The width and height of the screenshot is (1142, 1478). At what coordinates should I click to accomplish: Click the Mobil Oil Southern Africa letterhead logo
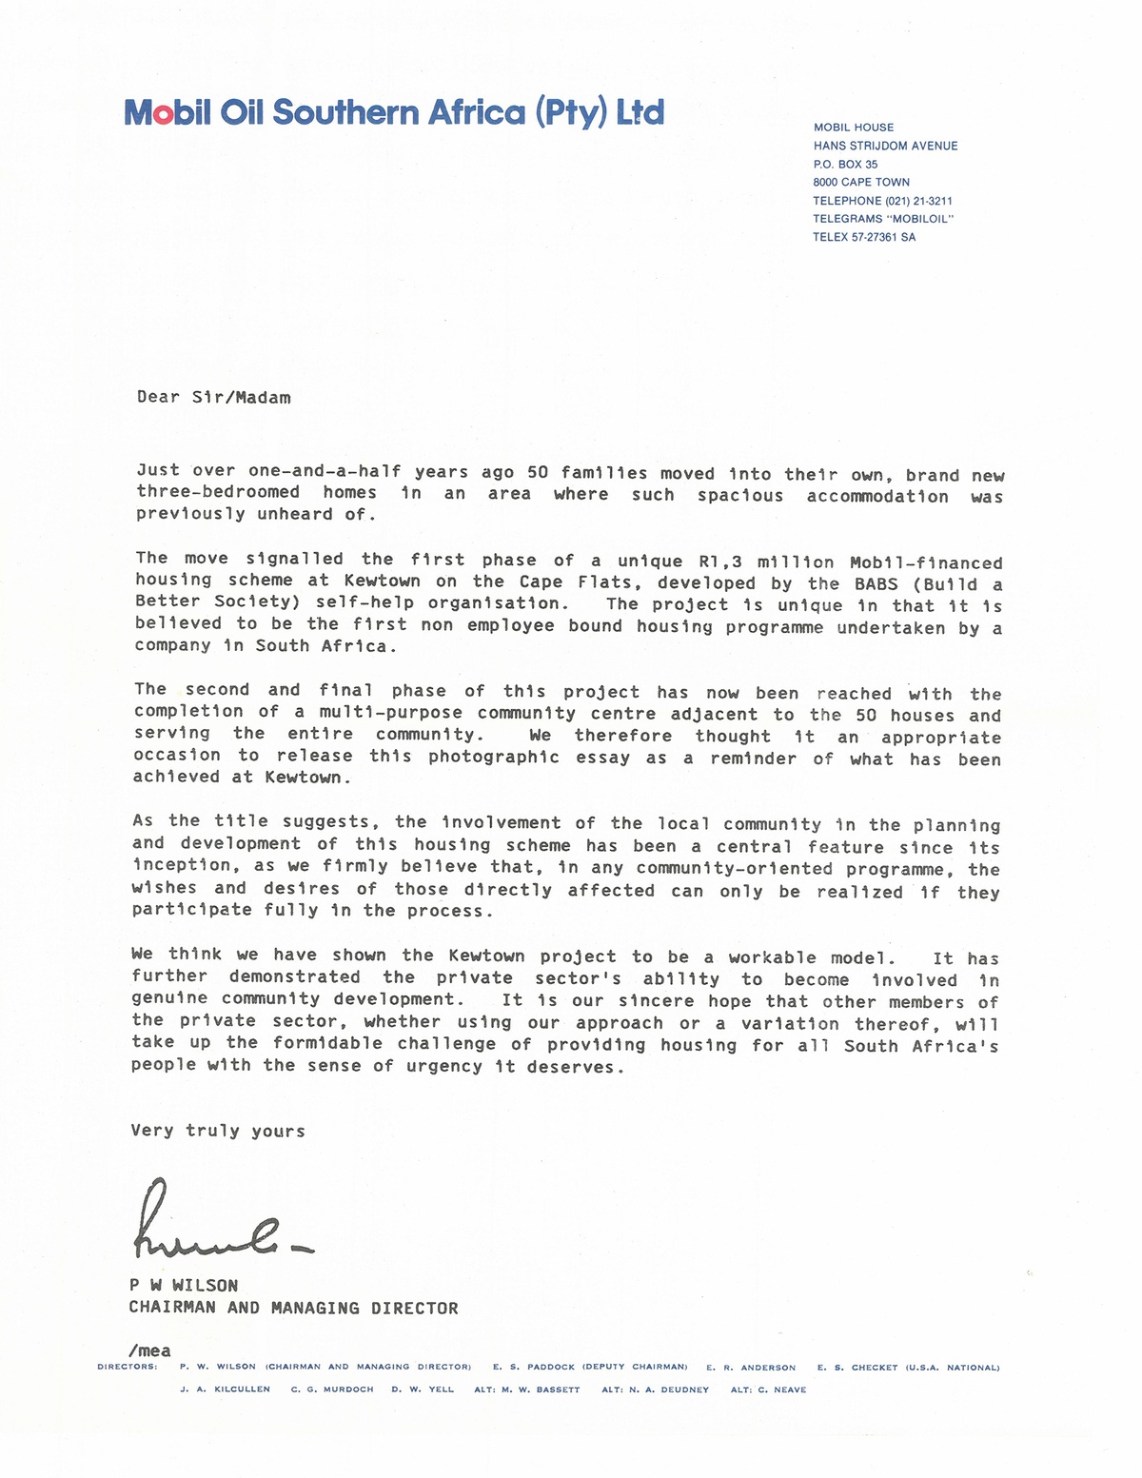pos(394,113)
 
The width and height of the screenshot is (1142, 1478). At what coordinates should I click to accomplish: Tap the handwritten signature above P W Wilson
pos(221,1220)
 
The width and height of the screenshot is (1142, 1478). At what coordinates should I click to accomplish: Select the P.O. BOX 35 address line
pos(845,165)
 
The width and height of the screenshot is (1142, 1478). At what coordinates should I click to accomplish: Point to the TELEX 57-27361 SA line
pos(864,237)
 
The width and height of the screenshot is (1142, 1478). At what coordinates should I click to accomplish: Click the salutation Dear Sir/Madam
pos(213,398)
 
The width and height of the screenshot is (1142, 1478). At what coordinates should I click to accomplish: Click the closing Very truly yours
pos(218,1131)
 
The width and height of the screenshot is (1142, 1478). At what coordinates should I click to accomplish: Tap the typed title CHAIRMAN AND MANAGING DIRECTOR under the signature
pos(293,1309)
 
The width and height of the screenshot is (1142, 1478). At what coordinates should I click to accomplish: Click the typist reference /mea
pos(149,1350)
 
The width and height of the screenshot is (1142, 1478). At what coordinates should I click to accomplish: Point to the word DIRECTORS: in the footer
pos(128,1367)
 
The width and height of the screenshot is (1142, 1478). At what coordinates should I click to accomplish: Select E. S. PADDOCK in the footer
pos(536,1367)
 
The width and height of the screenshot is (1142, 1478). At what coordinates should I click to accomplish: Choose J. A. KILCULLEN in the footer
pos(225,1389)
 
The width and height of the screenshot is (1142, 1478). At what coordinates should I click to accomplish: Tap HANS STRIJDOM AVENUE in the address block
pos(885,146)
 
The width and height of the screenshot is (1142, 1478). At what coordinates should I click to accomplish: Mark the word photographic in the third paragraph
pos(493,757)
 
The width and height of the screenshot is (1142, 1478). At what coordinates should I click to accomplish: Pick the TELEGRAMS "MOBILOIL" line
pos(882,219)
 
